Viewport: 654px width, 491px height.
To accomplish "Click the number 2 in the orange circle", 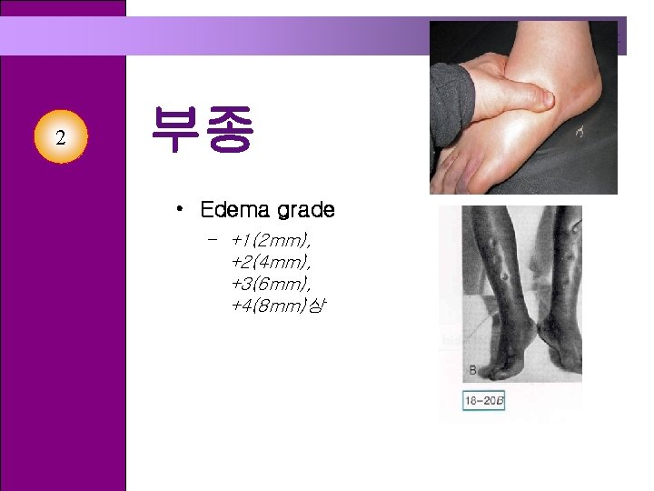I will pos(60,138).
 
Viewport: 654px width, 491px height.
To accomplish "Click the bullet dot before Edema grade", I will pos(182,210).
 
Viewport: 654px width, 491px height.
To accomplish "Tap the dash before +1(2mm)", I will pos(212,241).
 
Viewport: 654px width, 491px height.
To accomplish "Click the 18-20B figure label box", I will pos(483,400).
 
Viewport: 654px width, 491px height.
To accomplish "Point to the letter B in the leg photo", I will pos(472,370).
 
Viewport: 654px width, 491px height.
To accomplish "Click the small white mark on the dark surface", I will pos(579,134).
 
